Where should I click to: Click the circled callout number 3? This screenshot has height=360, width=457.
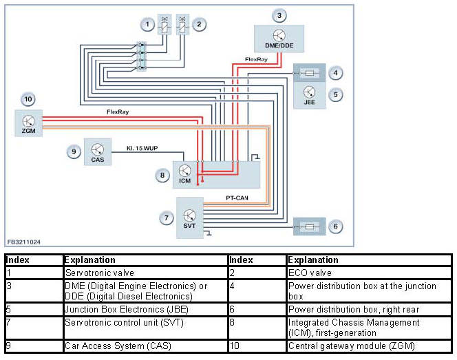[x=279, y=15]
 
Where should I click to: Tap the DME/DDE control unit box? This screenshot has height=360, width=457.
[x=279, y=39]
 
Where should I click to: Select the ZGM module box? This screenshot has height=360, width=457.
[x=29, y=123]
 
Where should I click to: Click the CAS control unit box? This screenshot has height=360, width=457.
[x=98, y=152]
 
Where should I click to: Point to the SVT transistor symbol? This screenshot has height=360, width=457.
[x=189, y=215]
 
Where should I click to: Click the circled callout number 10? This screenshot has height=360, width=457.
[x=28, y=99]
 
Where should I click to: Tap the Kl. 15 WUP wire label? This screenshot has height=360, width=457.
[x=142, y=148]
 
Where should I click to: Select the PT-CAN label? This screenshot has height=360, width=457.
[x=237, y=198]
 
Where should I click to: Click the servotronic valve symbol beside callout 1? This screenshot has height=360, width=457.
[x=164, y=25]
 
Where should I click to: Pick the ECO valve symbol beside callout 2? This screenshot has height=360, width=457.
[x=182, y=25]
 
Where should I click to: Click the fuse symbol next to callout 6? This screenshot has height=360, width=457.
[x=309, y=226]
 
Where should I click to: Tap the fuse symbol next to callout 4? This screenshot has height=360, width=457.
[x=309, y=73]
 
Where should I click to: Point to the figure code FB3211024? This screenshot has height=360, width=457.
[x=24, y=242]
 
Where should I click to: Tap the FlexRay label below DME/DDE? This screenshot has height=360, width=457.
[x=256, y=59]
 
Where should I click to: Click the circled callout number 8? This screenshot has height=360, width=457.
[x=162, y=176]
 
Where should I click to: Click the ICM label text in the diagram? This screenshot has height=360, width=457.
[x=184, y=181]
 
